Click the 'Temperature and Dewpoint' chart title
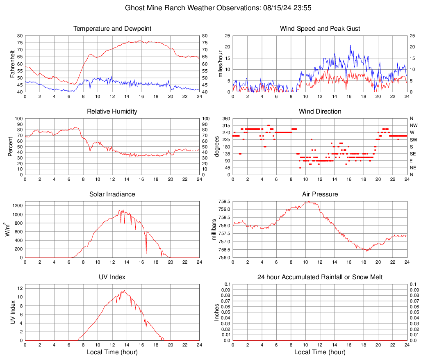tap(112, 29)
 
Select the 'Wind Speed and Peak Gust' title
tap(320, 29)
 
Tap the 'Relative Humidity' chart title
tap(112, 112)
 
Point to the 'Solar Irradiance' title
tap(112, 194)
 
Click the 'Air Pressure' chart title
tap(320, 194)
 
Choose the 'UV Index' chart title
tap(112, 277)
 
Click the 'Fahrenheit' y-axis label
tap(12, 64)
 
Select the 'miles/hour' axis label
tap(220, 64)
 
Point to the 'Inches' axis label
tap(217, 312)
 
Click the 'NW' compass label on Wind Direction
tap(414, 125)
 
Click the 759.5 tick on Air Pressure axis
tap(224, 201)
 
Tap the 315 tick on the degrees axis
tap(225, 125)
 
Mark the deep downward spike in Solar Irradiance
tap(146, 253)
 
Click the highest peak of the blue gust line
tap(350, 46)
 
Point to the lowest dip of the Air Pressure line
tap(367, 251)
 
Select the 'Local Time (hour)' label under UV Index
tap(112, 352)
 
